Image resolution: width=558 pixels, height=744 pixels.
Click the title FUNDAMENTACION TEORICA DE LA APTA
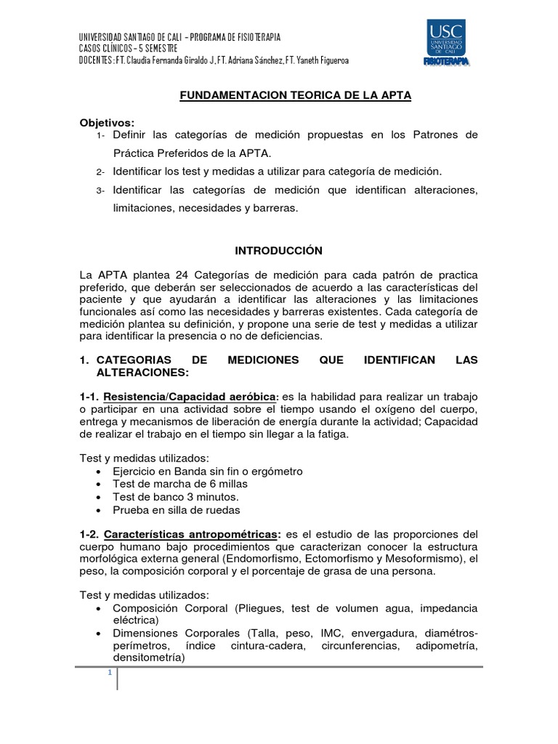pyautogui.click(x=296, y=96)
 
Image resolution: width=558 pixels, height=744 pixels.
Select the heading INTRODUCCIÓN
pyautogui.click(x=278, y=250)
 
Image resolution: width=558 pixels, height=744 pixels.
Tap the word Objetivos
pyautogui.click(x=108, y=122)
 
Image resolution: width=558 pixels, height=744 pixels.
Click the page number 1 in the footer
pyautogui.click(x=110, y=672)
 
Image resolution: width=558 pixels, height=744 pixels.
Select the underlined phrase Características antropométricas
pyautogui.click(x=190, y=534)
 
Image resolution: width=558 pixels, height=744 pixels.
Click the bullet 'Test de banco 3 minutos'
pyautogui.click(x=176, y=497)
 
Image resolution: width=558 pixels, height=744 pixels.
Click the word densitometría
pyautogui.click(x=148, y=658)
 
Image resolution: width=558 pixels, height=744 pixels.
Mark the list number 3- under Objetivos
pyautogui.click(x=100, y=190)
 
